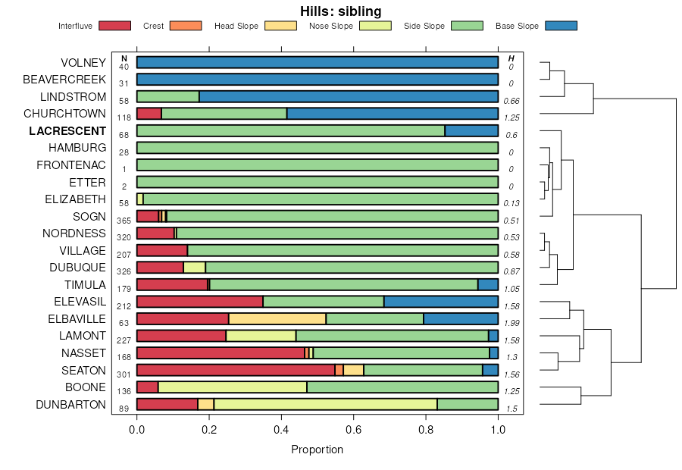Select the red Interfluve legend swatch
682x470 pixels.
pos(115,26)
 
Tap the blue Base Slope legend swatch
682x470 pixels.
pos(561,26)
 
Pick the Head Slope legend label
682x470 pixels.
pos(236,26)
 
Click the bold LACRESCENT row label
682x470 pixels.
pos(67,130)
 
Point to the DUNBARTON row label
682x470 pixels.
pos(71,405)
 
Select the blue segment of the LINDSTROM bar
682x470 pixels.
pos(349,96)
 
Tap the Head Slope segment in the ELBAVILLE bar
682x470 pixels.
pos(277,318)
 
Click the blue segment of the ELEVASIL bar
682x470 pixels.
pos(441,302)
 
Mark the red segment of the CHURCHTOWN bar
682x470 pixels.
pos(149,114)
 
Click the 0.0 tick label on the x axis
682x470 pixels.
pos(137,429)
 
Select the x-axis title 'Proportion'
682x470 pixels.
pos(317,450)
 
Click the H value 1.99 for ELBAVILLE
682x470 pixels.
pos(512,323)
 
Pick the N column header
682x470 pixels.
pos(124,59)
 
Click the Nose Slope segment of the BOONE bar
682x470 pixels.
pos(233,387)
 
